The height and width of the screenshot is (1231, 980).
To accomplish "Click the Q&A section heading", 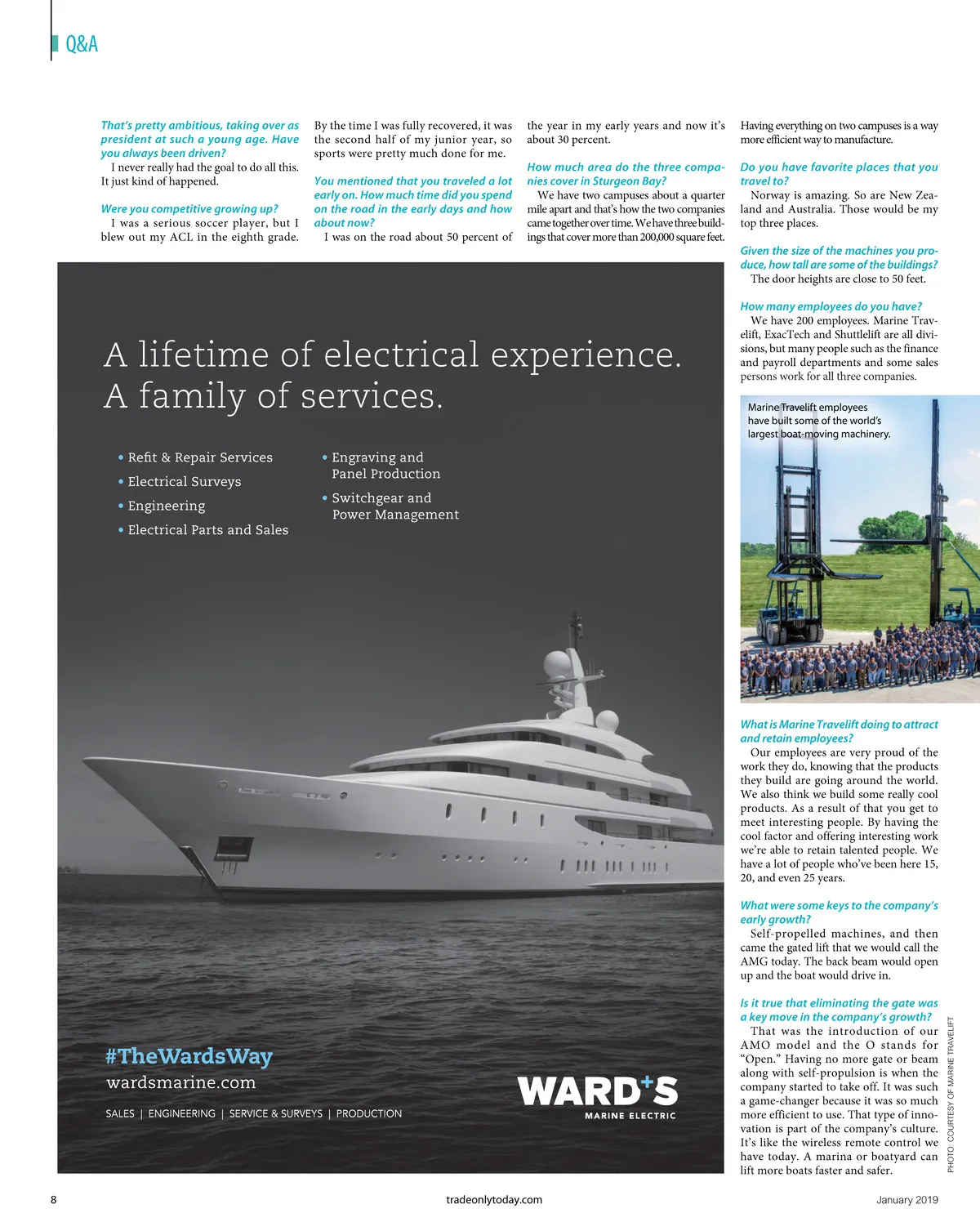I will click(81, 44).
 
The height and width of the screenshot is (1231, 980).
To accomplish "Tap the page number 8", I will click(54, 1200).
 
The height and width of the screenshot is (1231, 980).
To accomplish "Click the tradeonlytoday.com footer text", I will click(494, 1200).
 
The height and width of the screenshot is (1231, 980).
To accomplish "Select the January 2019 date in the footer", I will click(906, 1200).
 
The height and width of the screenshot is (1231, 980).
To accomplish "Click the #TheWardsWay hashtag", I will click(189, 1056).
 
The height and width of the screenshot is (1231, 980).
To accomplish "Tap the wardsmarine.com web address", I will click(180, 1083).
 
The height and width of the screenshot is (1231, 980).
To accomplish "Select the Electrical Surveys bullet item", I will click(184, 482).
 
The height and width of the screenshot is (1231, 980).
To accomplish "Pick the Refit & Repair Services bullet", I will click(199, 457).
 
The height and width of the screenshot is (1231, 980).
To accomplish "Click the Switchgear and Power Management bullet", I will click(394, 506).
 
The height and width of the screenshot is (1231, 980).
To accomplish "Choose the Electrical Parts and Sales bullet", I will click(207, 530).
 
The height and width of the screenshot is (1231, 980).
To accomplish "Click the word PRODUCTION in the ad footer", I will click(368, 1113).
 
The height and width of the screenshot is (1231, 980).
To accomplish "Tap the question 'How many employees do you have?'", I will click(831, 306).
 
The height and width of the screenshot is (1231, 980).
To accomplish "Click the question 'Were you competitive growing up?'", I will click(189, 209).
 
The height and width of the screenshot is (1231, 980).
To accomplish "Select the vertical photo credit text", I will click(951, 1094).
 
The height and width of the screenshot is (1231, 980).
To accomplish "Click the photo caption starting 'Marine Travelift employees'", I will click(818, 421).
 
